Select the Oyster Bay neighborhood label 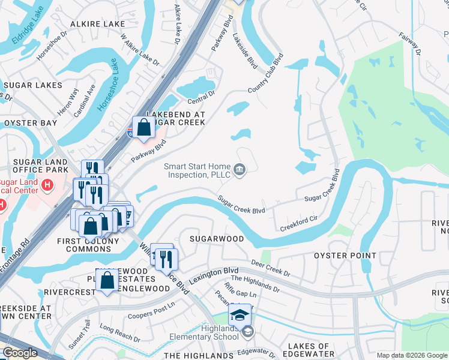(x=31, y=123)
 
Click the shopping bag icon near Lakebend (x=144, y=128)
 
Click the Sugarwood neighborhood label (x=217, y=239)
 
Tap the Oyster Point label (x=345, y=256)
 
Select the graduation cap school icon (x=240, y=314)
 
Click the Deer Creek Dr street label (x=270, y=268)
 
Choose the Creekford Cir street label (x=298, y=224)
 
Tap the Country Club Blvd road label (x=265, y=76)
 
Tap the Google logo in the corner (x=20, y=353)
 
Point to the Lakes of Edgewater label (x=309, y=350)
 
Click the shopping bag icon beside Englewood (x=107, y=281)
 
